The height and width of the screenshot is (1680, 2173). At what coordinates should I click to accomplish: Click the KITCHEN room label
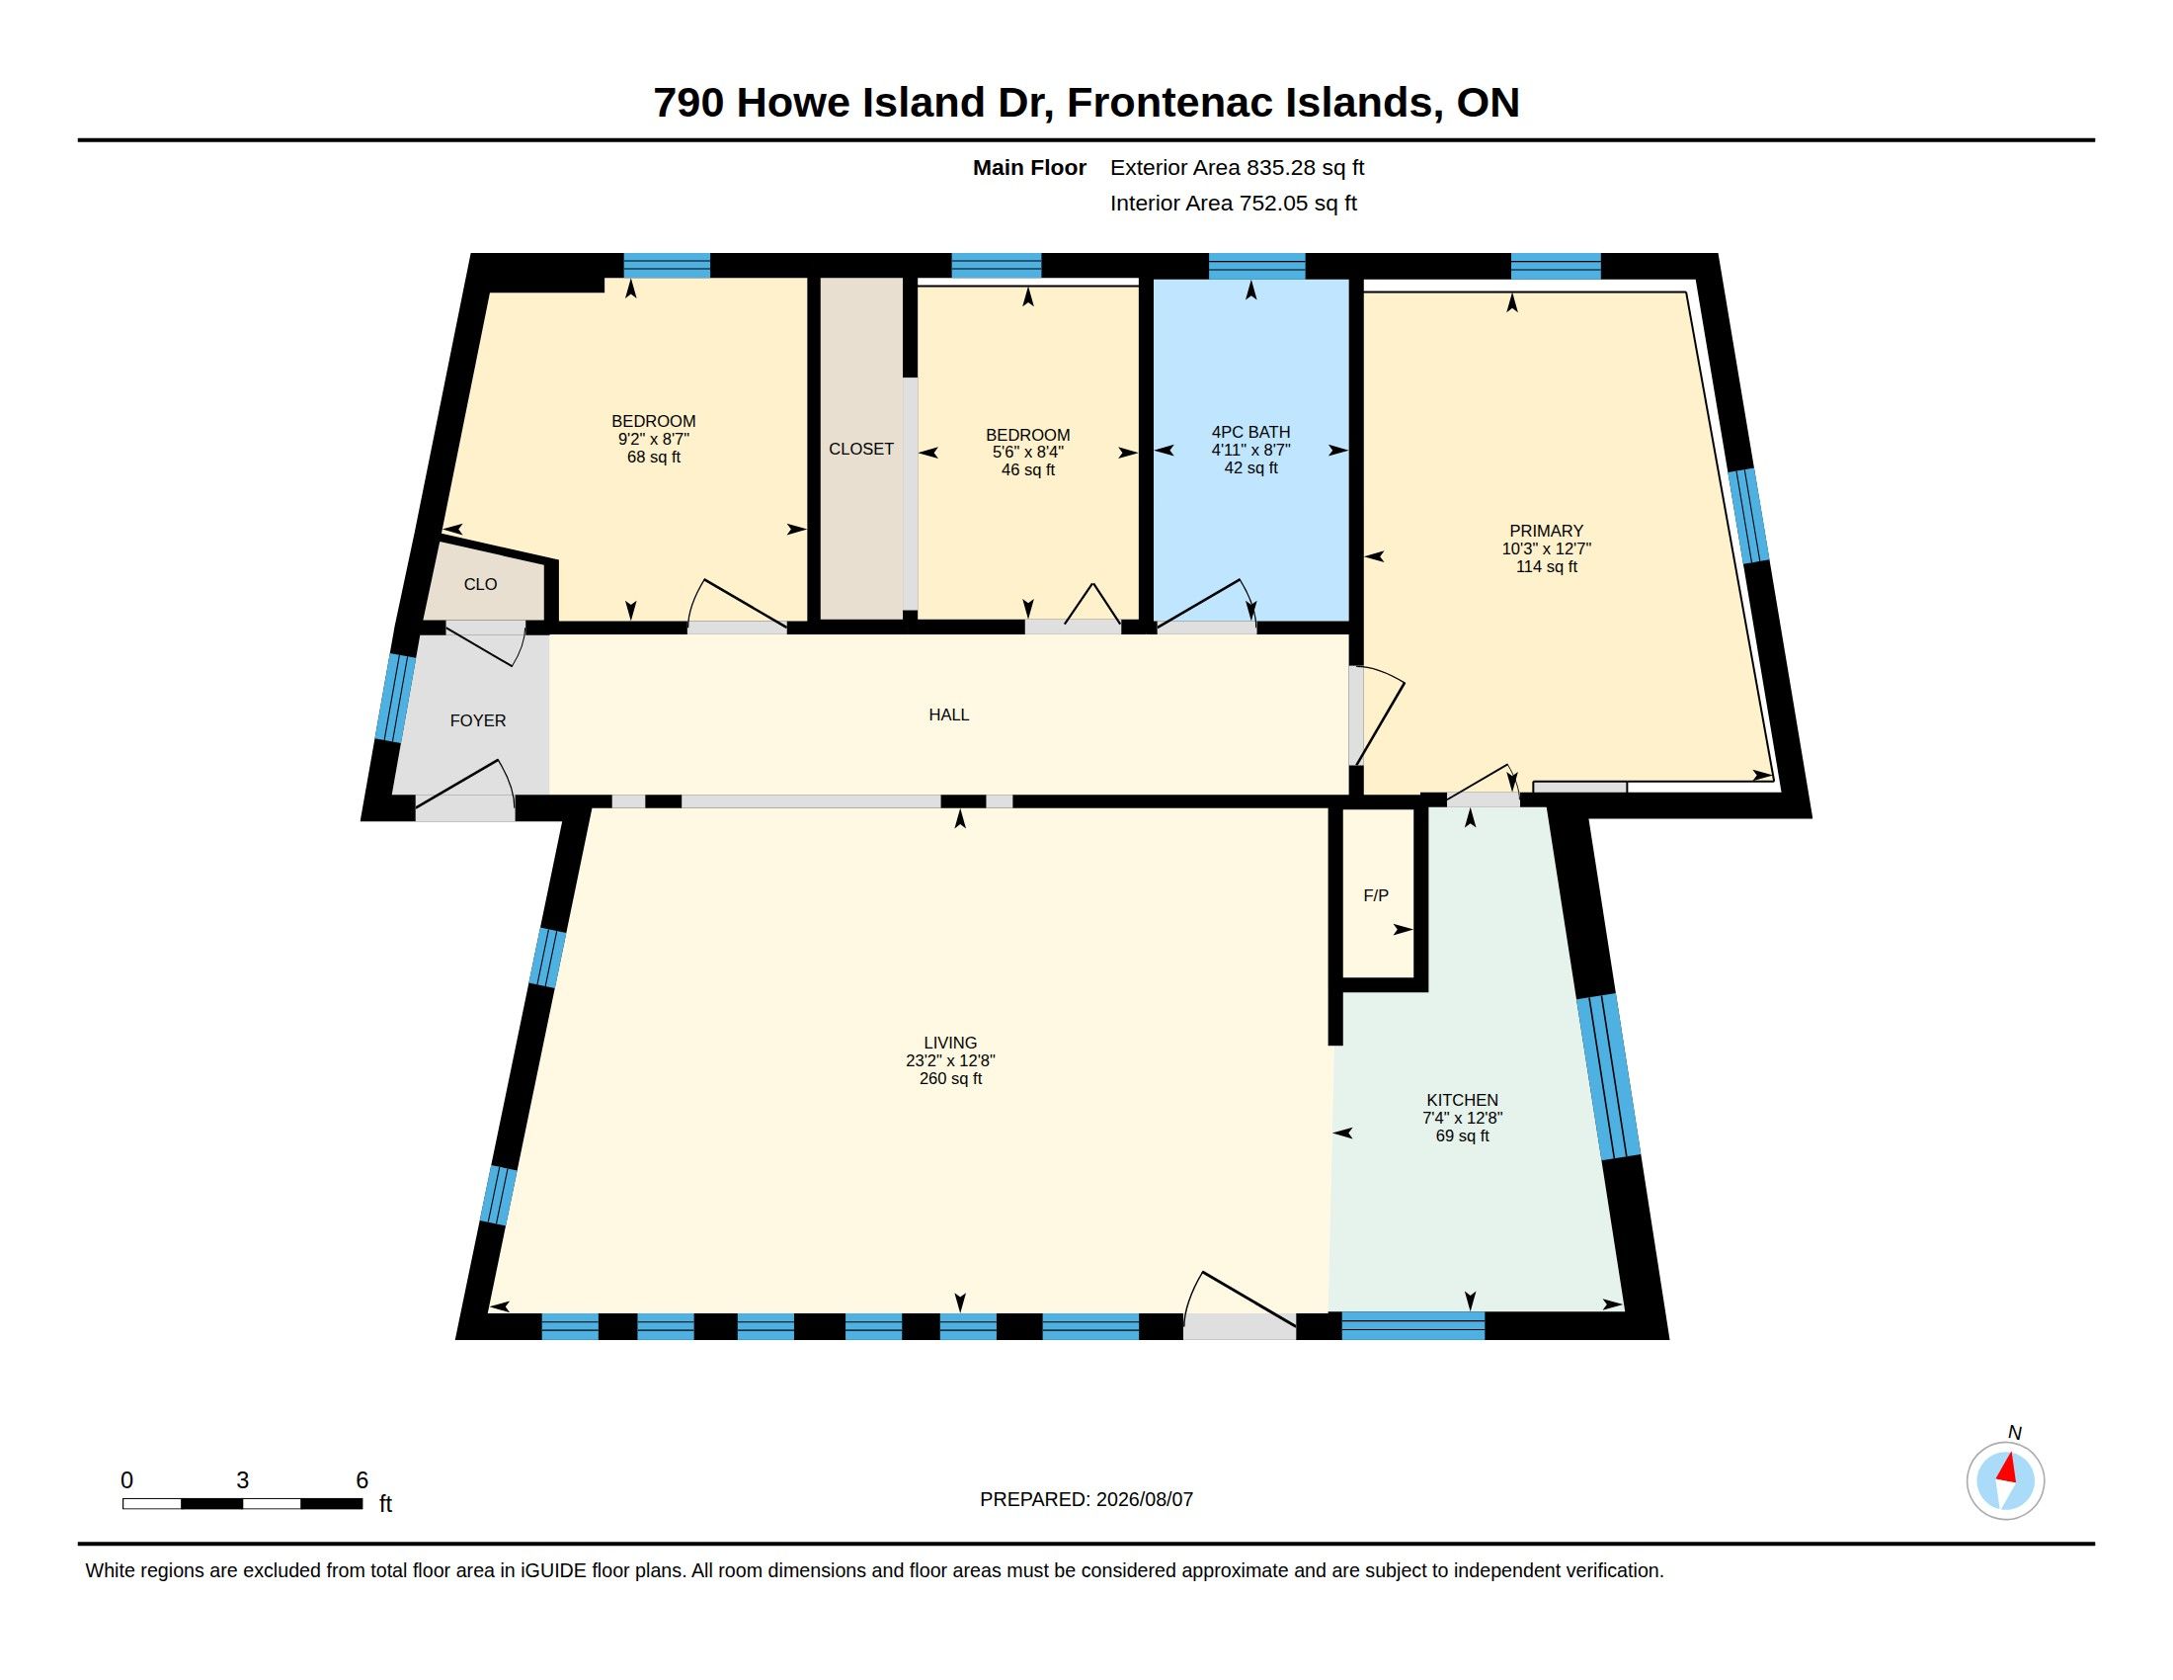point(1462,1100)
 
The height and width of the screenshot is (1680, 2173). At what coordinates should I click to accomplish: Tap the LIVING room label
point(950,1043)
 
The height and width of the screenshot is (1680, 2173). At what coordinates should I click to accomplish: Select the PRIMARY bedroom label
point(1546,531)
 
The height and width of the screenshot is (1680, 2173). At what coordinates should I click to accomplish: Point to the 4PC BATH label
point(1250,432)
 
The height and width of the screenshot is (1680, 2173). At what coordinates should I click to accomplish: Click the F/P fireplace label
point(1376,895)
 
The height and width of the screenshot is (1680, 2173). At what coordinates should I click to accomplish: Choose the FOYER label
point(478,720)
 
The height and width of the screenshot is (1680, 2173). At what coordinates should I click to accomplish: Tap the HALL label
point(949,714)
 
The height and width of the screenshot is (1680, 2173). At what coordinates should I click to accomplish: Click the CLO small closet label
point(481,584)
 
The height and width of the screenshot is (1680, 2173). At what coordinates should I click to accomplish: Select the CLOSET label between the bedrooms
point(861,449)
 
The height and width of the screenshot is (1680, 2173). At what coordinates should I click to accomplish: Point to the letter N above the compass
point(2015,1432)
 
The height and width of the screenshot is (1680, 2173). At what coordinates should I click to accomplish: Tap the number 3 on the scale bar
point(242,1480)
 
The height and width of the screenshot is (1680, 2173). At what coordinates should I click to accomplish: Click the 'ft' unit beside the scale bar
point(386,1504)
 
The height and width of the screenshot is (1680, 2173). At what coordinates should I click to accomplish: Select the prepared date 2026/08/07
point(1144,1500)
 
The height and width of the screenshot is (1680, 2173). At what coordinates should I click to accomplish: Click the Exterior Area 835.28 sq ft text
point(1237,167)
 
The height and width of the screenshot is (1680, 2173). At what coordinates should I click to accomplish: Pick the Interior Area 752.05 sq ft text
point(1234,203)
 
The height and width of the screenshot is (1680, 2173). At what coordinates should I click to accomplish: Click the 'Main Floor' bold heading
point(1030,167)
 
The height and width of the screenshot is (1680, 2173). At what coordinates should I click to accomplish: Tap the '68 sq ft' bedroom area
point(654,457)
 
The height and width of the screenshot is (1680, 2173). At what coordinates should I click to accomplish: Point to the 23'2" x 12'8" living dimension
point(950,1061)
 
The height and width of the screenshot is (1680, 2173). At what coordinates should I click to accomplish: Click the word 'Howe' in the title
point(792,103)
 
